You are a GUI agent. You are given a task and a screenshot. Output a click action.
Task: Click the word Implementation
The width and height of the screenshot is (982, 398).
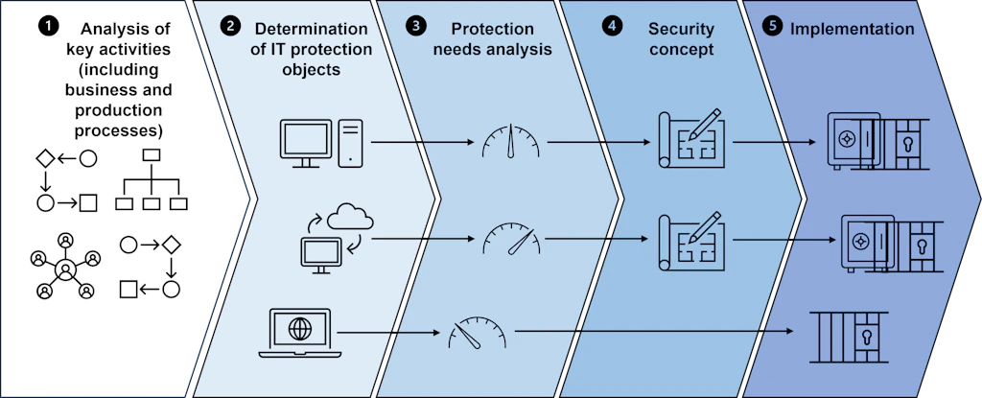(853, 29)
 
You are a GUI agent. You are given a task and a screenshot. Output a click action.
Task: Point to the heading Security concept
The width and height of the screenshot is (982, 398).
(680, 39)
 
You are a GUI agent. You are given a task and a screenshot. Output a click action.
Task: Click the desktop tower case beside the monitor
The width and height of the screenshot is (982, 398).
(351, 144)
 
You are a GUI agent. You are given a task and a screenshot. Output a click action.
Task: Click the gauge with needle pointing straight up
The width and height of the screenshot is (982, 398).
(510, 140)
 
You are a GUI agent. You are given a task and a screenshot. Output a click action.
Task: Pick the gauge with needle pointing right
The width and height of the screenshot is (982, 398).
(510, 237)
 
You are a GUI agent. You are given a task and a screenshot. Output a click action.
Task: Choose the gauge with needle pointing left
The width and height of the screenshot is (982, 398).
(478, 331)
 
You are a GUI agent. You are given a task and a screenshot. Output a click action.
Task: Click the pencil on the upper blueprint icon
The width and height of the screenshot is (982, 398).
(704, 124)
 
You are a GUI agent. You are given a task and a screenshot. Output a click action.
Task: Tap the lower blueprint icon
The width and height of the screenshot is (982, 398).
(691, 242)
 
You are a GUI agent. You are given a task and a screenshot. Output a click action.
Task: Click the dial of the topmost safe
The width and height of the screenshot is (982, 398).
(848, 138)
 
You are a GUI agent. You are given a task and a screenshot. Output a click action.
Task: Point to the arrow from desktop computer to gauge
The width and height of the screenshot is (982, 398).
(423, 143)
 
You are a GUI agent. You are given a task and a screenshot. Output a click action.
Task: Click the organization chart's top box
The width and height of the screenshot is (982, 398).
(152, 154)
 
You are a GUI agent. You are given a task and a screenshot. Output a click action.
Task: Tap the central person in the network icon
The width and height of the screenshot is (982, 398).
(65, 270)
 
